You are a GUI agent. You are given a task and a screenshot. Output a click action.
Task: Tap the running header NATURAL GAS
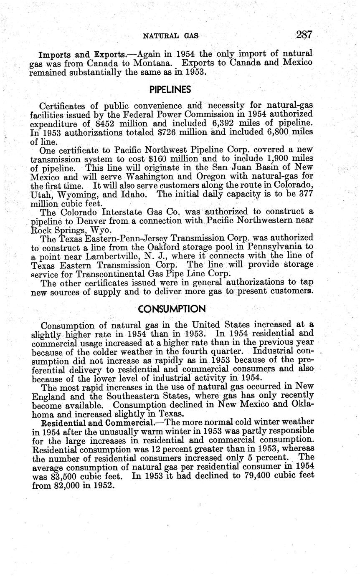coord(171,36)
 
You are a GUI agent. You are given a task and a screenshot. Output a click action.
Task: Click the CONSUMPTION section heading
coord(172,309)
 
